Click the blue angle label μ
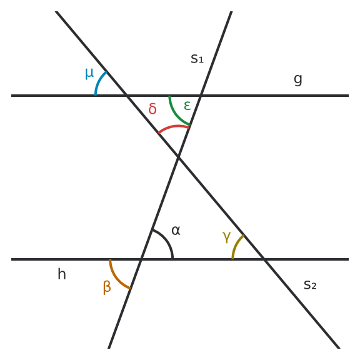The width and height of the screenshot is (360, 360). (x=89, y=74)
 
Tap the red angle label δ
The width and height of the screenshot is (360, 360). (x=152, y=108)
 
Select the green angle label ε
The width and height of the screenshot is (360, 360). (x=187, y=106)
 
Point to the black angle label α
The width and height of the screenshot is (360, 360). (x=176, y=230)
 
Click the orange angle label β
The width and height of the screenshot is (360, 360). (x=107, y=287)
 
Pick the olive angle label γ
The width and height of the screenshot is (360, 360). (x=227, y=237)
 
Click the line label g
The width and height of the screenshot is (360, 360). (x=298, y=79)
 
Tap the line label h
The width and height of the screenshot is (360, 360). (x=62, y=274)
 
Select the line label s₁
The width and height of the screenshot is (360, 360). (x=197, y=59)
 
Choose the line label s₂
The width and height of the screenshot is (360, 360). (x=310, y=285)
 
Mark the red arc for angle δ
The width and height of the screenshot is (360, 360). (x=174, y=127)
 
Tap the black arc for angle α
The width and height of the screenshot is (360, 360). (x=166, y=240)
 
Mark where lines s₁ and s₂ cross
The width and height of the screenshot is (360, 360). (x=178, y=157)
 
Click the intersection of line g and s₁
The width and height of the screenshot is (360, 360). (x=201, y=96)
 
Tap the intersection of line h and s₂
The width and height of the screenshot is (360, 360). (x=264, y=259)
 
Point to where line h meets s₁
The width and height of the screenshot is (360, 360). (x=141, y=259)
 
